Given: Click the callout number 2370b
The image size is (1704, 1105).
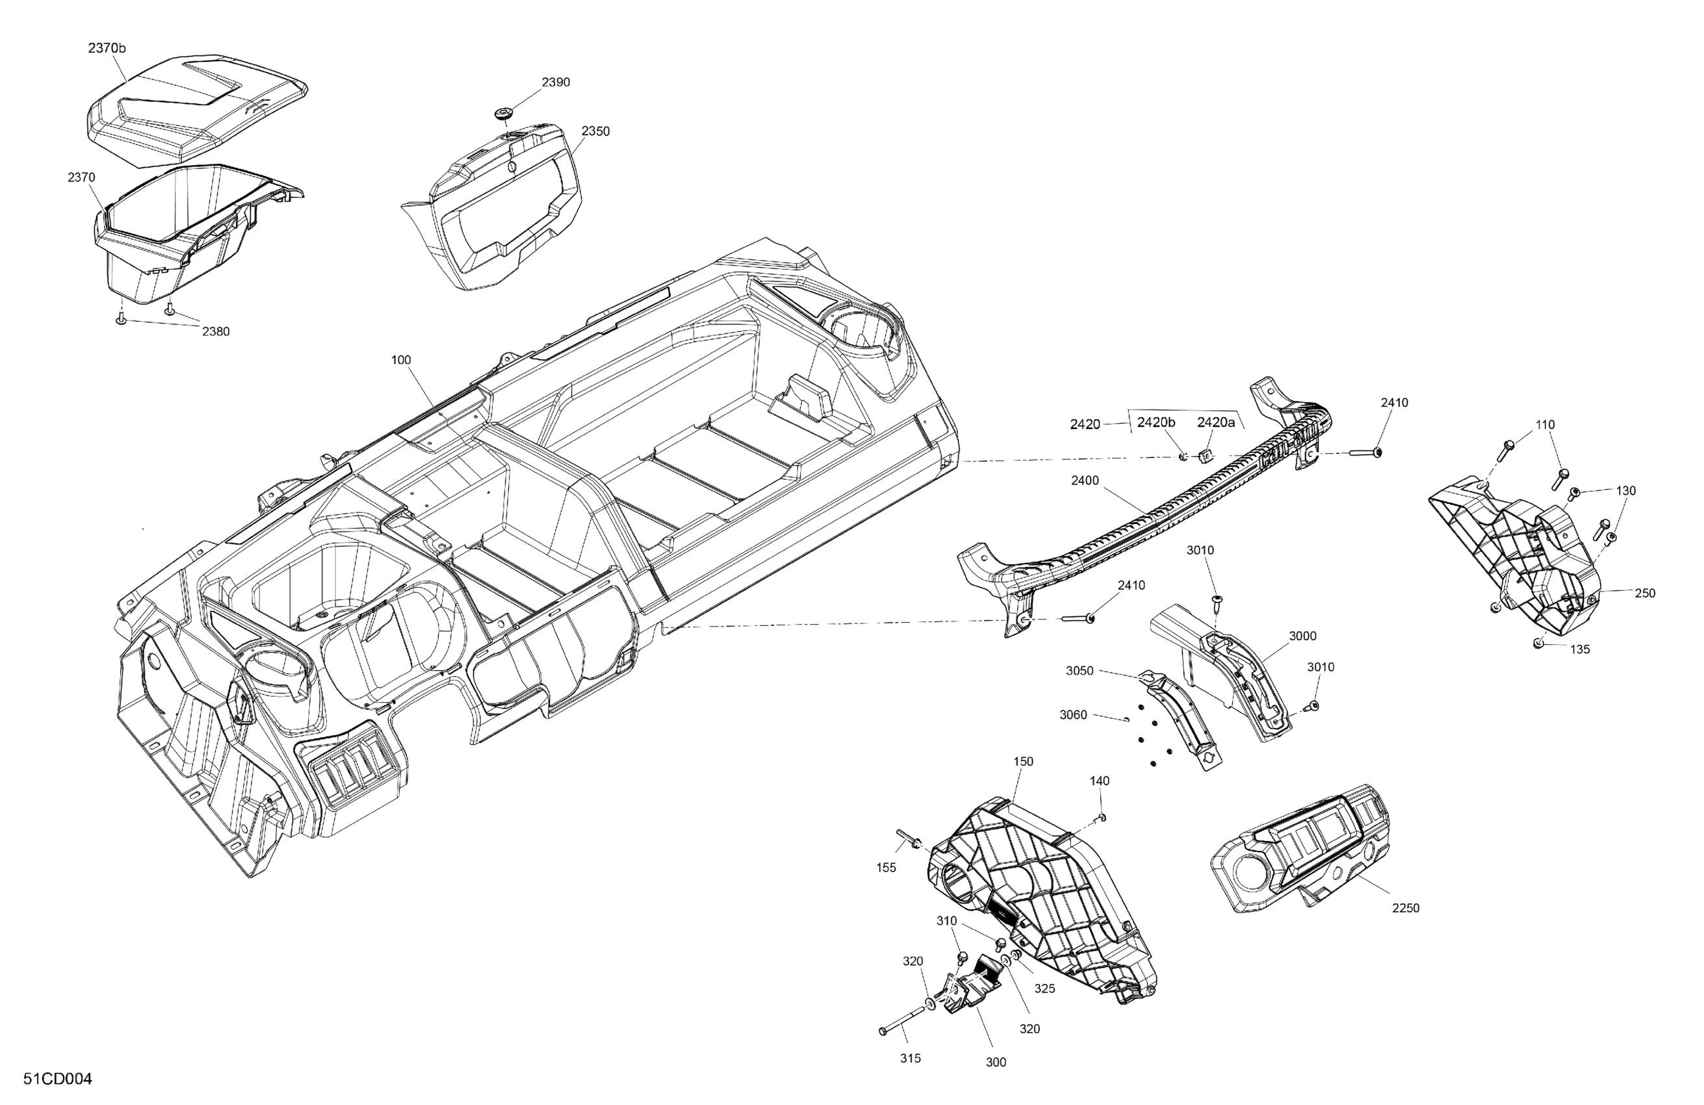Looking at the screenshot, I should tap(107, 48).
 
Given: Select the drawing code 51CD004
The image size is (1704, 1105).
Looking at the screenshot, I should tap(57, 1079).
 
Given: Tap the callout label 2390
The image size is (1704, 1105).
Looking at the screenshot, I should tap(556, 83).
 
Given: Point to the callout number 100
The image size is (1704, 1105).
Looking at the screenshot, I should tap(401, 359).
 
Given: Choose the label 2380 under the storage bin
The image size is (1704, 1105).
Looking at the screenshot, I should tap(216, 331).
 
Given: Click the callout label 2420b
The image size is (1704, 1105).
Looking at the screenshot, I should tap(1155, 422).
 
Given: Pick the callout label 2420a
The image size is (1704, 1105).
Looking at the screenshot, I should tap(1216, 422).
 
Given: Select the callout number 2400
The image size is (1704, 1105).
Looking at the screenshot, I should tap(1085, 480).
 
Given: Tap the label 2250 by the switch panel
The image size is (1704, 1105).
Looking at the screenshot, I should tap(1406, 908).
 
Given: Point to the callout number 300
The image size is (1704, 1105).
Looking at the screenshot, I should tap(996, 1063).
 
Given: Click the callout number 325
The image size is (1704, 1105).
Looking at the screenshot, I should tap(1044, 989).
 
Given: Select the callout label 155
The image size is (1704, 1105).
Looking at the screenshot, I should tap(886, 868).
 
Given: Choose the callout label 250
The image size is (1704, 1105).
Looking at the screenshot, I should tap(1646, 593).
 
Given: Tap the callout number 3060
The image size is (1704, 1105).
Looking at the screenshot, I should tap(1073, 715).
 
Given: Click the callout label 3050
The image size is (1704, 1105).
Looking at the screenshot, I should tap(1079, 671).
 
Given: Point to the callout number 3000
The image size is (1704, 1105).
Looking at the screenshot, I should tap(1302, 636).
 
